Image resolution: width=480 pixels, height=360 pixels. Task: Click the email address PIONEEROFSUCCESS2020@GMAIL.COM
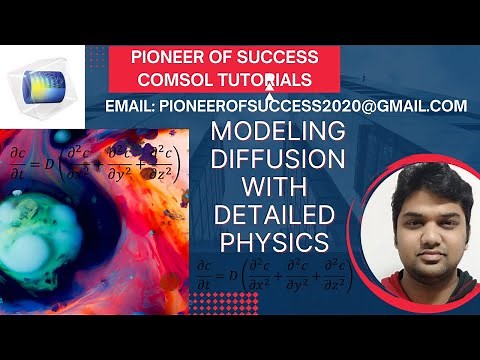319,104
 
